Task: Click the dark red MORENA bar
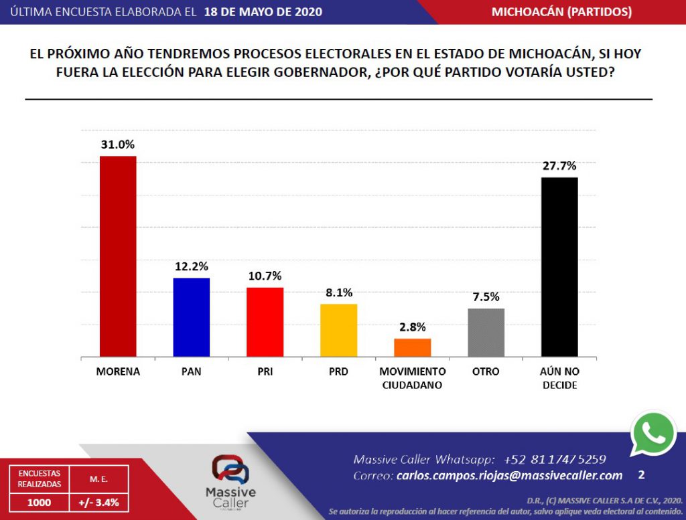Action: [x=118, y=256]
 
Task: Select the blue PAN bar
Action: [x=191, y=317]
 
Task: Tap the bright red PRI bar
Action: [x=265, y=322]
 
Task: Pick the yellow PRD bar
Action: [x=338, y=331]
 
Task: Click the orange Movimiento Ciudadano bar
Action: [x=412, y=348]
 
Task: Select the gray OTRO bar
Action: [x=486, y=333]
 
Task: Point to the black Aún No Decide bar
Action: [x=559, y=267]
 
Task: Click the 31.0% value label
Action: [x=118, y=145]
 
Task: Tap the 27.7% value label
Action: [x=559, y=166]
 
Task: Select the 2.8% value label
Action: [x=413, y=327]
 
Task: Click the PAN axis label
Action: [x=191, y=372]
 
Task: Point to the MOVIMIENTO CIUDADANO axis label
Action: [x=412, y=378]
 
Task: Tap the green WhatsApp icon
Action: [x=653, y=434]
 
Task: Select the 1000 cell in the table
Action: [x=39, y=503]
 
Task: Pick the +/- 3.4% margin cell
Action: [x=99, y=503]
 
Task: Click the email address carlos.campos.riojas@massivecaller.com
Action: [x=509, y=475]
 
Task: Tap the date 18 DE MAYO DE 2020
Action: [x=263, y=12]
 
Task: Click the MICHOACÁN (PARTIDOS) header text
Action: [x=562, y=12]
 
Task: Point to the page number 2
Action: [x=641, y=475]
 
